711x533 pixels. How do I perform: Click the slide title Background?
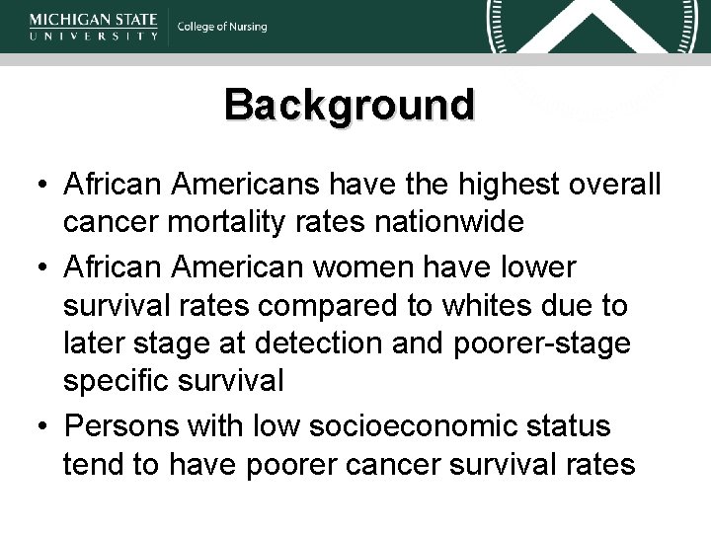pos(349,104)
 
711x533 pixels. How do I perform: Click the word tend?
pos(93,464)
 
